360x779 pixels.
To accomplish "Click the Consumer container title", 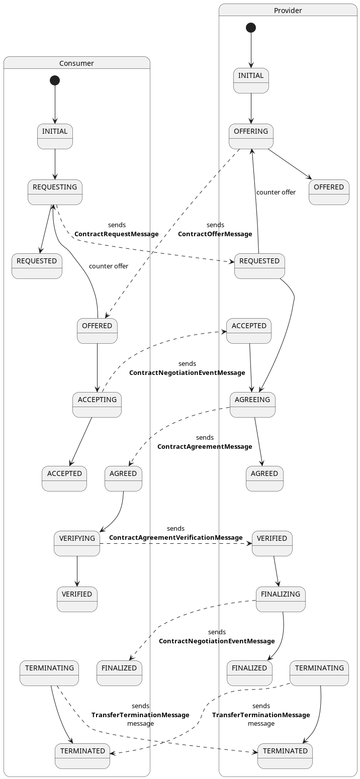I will (76, 63).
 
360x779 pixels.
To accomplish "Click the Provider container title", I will (288, 11).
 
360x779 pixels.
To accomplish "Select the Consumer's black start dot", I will (55, 80).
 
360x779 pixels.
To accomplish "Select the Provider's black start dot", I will (251, 28).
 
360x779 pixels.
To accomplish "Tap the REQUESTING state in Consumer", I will (55, 192).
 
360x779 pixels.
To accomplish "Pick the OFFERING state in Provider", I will (251, 136).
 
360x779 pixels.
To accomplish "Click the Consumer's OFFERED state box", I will (97, 331).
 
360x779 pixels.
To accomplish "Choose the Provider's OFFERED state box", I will (329, 192).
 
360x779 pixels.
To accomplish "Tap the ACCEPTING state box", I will (97, 405).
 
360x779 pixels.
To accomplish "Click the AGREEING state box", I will (252, 405).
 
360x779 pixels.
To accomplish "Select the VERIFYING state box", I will (77, 543).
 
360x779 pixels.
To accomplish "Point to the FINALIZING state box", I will (281, 599).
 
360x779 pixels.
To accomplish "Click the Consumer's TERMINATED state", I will (82, 756).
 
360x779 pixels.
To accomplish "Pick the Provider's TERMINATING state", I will (319, 673).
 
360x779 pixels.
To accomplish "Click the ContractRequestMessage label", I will (116, 234).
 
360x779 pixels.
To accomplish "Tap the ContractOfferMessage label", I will (215, 234).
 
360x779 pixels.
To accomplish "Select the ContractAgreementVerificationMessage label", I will (175, 538).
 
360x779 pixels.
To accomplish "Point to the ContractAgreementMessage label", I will (205, 447).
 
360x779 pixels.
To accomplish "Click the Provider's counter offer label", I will (276, 192).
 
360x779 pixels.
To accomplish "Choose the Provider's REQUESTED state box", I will (259, 266).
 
